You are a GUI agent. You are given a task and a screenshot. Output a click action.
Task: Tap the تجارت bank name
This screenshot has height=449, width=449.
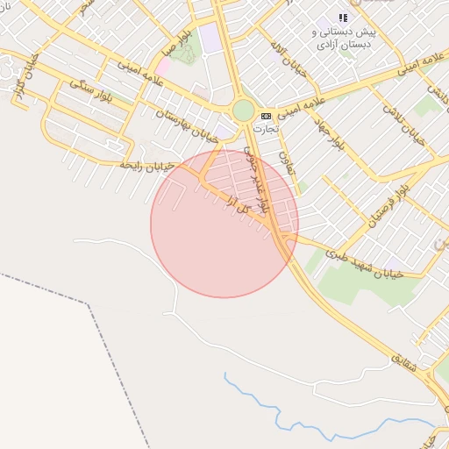click(x=266, y=128)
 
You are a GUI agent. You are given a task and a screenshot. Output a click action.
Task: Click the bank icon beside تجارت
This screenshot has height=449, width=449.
click(x=266, y=116)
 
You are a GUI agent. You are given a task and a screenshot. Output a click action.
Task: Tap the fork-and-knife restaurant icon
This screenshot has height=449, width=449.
click(x=344, y=18)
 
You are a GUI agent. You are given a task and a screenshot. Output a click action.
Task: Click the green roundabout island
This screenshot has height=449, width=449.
click(x=243, y=111)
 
